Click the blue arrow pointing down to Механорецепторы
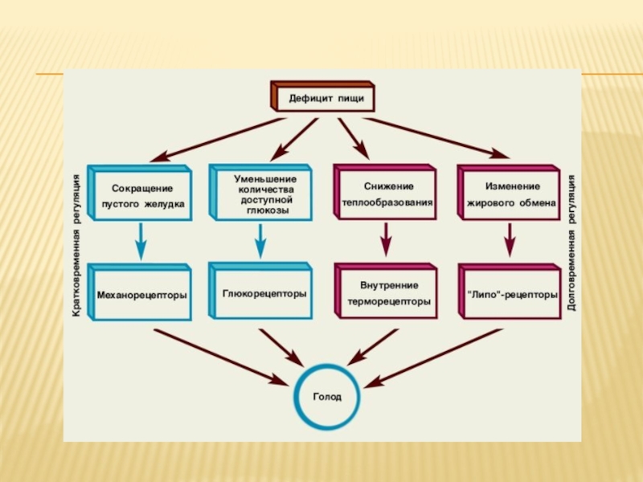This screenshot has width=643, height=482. [x=141, y=239]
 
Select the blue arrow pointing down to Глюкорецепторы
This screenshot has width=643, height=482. [x=259, y=239]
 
